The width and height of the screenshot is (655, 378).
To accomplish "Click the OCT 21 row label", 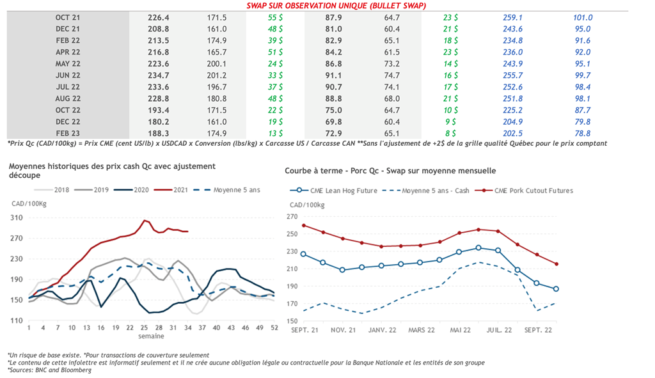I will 67,18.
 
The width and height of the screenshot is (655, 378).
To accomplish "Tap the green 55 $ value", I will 276,18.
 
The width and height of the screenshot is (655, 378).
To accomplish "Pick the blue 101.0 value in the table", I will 583,18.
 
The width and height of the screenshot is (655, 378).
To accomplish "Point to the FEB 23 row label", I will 67,133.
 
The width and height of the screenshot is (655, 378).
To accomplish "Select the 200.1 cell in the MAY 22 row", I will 217,64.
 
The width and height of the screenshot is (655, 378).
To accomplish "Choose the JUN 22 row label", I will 67,75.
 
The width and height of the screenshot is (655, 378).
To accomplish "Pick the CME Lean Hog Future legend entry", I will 343,190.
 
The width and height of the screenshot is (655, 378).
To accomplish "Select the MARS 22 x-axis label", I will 422,330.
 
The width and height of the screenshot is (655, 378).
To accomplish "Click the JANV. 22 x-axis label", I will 383,330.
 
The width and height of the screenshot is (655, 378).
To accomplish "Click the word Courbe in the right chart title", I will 298,171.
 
